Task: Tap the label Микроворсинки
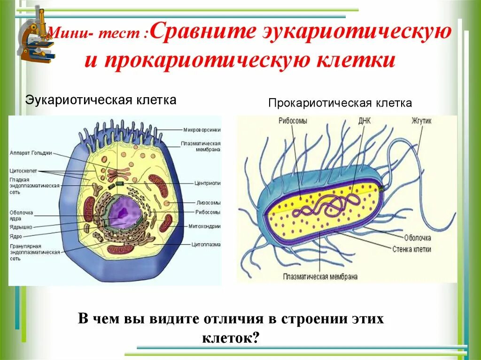pyautogui.click(x=202, y=130)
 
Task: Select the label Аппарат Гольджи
pyautogui.click(x=31, y=153)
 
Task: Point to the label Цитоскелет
pyautogui.click(x=23, y=171)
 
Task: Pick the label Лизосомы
pyautogui.click(x=208, y=203)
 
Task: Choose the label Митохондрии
pyautogui.click(x=205, y=226)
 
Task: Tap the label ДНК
pyautogui.click(x=364, y=121)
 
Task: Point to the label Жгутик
pyautogui.click(x=421, y=121)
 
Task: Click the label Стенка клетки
pyautogui.click(x=411, y=249)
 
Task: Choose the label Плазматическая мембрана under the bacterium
pyautogui.click(x=320, y=276)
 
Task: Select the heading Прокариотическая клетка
pyautogui.click(x=340, y=103)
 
